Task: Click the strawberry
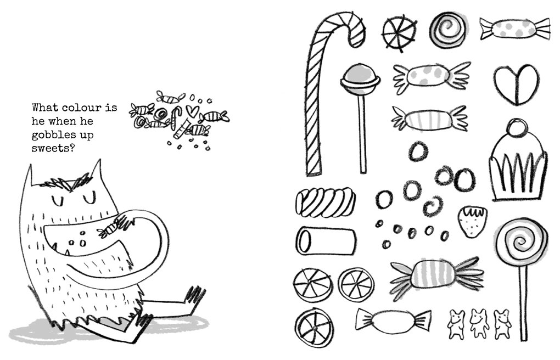click(x=469, y=221)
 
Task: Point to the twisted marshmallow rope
click(x=325, y=202)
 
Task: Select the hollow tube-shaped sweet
click(x=325, y=240)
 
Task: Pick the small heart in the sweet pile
click(x=192, y=110)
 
